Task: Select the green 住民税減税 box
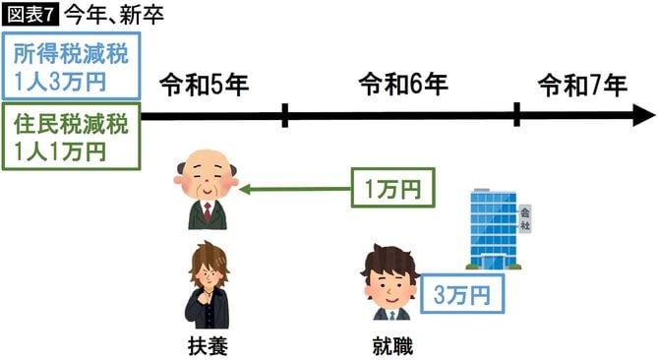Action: pos(70,138)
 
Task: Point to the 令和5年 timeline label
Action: pos(203,86)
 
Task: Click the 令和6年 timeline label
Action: pos(403,86)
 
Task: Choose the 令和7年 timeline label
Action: pos(582,86)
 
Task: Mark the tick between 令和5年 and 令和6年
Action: pos(284,116)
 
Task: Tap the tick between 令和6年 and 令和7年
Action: pos(517,116)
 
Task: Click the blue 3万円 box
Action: pos(462,292)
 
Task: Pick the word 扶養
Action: pos(207,345)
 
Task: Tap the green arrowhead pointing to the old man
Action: pos(244,187)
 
